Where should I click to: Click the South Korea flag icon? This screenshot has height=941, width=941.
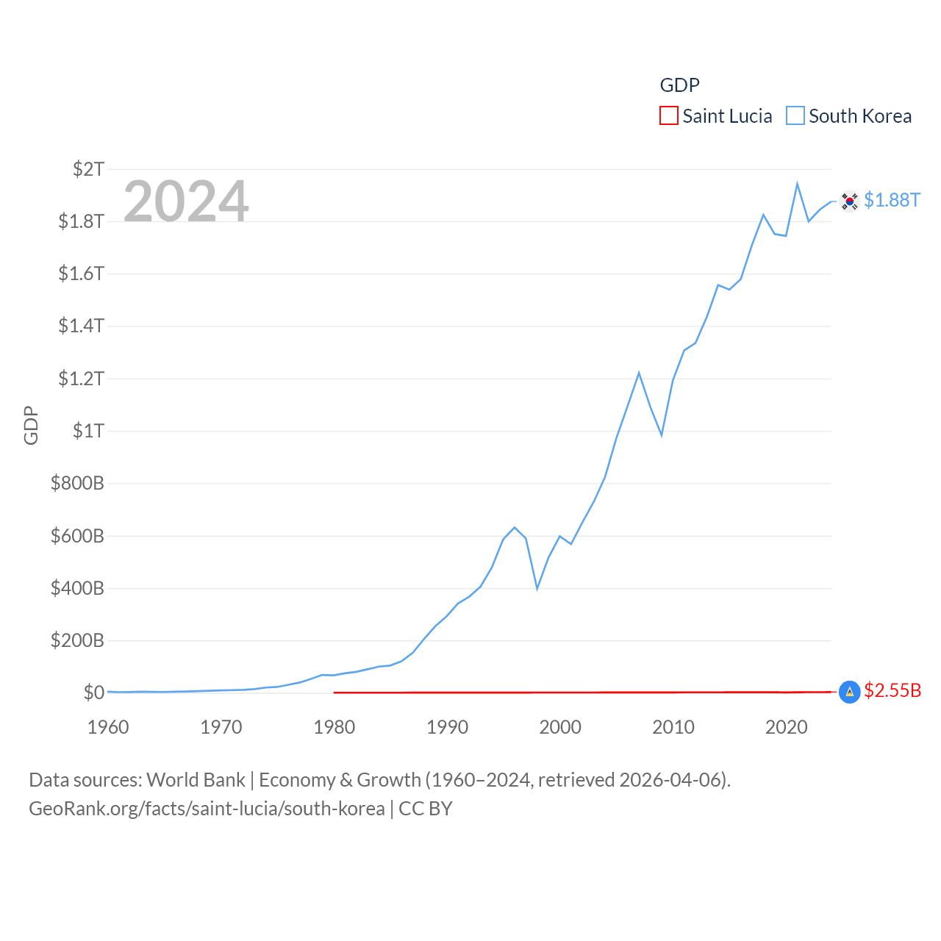click(849, 201)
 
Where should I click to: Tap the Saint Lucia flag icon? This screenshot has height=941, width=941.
click(849, 692)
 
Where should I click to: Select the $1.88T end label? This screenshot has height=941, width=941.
click(892, 200)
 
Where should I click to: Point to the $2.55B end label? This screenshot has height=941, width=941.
click(892, 691)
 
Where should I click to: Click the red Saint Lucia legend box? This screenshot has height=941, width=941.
click(669, 116)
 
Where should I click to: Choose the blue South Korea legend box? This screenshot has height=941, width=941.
click(795, 116)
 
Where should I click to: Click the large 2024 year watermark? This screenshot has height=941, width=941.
click(186, 201)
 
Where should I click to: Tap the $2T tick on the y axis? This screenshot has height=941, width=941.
click(88, 169)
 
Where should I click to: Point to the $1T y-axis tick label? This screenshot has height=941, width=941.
click(88, 431)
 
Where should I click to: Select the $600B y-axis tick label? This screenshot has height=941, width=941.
click(77, 536)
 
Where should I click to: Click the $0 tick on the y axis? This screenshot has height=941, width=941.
click(93, 693)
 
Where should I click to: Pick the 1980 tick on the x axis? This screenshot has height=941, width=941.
click(334, 728)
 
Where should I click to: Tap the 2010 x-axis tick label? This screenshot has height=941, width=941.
click(673, 728)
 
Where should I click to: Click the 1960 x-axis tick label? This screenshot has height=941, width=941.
click(108, 728)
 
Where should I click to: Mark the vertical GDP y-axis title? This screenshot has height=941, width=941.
click(31, 425)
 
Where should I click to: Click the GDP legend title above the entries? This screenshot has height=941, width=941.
click(679, 85)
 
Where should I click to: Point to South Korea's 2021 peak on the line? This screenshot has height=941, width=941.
click(797, 184)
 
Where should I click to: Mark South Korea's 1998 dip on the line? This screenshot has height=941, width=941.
click(537, 588)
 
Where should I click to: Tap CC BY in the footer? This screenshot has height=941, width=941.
click(426, 809)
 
